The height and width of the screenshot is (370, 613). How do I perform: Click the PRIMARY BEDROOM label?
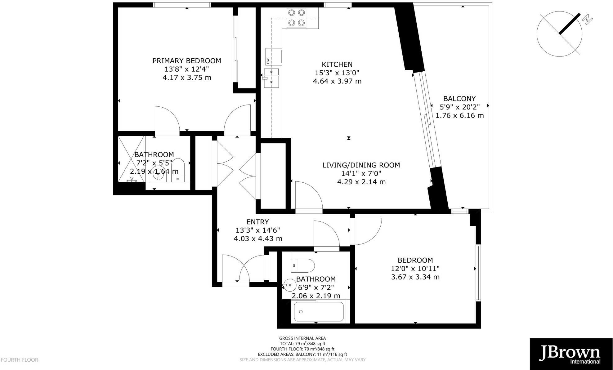tap(187, 61)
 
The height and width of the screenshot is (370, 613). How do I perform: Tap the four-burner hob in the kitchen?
tap(296, 18)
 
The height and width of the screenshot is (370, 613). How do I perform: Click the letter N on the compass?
tap(587, 20)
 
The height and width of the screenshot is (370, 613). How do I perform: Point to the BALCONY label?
tap(459, 99)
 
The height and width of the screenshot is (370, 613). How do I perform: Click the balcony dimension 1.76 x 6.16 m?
tap(459, 116)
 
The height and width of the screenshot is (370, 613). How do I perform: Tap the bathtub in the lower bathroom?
tap(319, 312)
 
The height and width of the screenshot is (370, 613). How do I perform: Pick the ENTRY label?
tap(257, 222)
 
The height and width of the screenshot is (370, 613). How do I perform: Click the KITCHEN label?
tap(337, 65)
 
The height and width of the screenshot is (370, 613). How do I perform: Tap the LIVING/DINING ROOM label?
tap(361, 165)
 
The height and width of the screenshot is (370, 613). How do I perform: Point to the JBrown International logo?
tap(571, 354)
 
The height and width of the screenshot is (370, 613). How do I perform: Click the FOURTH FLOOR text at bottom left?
tap(19, 360)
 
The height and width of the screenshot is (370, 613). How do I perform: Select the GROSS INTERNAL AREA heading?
tap(302, 338)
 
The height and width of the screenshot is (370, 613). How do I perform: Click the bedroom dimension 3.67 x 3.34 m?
tap(415, 277)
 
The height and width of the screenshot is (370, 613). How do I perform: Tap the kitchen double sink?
tap(271, 77)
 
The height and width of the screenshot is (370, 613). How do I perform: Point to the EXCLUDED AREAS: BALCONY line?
tap(302, 354)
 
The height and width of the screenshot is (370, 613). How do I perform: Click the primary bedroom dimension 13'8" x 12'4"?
tap(187, 69)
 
